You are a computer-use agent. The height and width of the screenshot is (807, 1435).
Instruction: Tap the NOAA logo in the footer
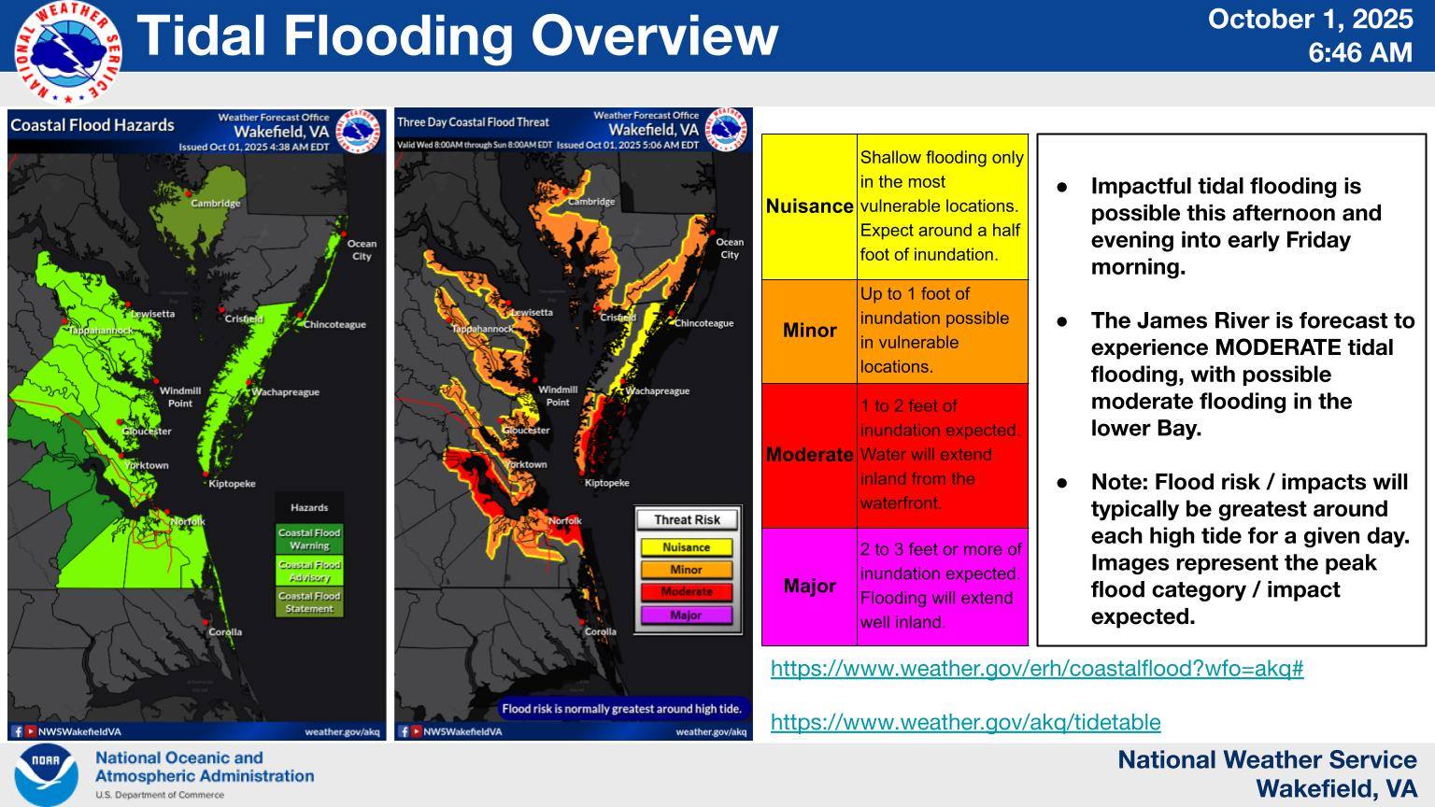(x=46, y=774)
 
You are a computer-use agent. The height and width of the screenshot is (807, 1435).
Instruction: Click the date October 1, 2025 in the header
(x=1310, y=20)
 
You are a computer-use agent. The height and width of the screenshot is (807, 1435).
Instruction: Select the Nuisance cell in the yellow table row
(x=809, y=206)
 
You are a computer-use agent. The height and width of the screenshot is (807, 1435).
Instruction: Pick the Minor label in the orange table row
(x=809, y=331)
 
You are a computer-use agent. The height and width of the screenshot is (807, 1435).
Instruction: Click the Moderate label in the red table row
(x=809, y=455)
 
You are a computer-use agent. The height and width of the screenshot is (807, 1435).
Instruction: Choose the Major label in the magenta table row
(x=809, y=587)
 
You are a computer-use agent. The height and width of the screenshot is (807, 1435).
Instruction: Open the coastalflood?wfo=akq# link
(x=1036, y=669)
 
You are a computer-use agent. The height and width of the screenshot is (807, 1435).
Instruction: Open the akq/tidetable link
(x=965, y=722)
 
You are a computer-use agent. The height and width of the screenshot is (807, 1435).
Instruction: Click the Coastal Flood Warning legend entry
(x=309, y=539)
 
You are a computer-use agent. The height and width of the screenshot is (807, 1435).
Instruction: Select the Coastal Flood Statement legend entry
(x=309, y=602)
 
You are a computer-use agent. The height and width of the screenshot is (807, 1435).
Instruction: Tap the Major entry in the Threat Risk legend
(x=686, y=616)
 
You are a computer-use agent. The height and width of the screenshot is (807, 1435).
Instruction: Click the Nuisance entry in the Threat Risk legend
(x=686, y=547)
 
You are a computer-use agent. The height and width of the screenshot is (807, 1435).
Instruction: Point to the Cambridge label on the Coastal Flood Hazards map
(x=215, y=203)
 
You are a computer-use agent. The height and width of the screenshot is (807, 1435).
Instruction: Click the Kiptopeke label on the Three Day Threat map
(x=606, y=483)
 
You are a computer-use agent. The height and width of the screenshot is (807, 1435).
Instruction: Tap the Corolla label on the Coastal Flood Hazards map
(x=225, y=631)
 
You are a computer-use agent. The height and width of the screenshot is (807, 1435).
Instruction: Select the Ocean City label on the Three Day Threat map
(x=730, y=248)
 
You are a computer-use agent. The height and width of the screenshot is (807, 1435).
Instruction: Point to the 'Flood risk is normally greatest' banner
(x=621, y=709)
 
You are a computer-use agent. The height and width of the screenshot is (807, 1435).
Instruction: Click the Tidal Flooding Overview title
(x=458, y=35)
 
